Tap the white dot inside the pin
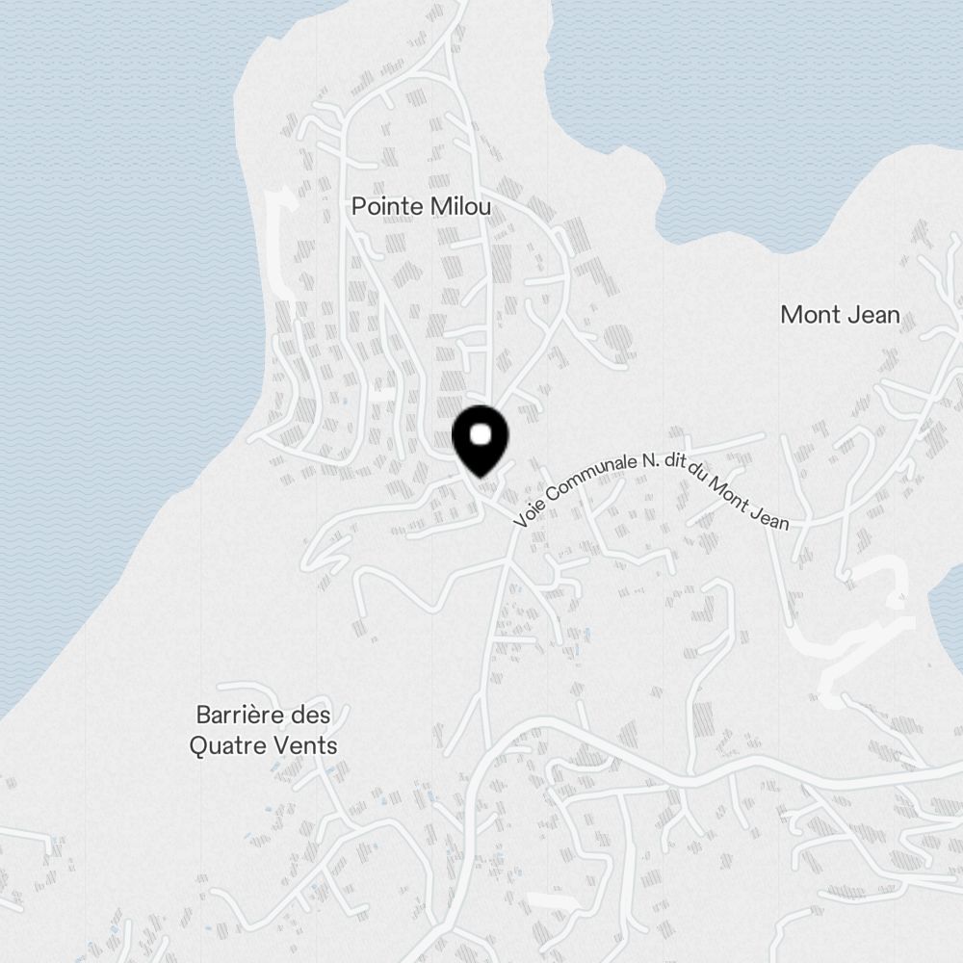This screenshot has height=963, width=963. coord(480,434)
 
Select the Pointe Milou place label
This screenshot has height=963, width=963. coord(421,206)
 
